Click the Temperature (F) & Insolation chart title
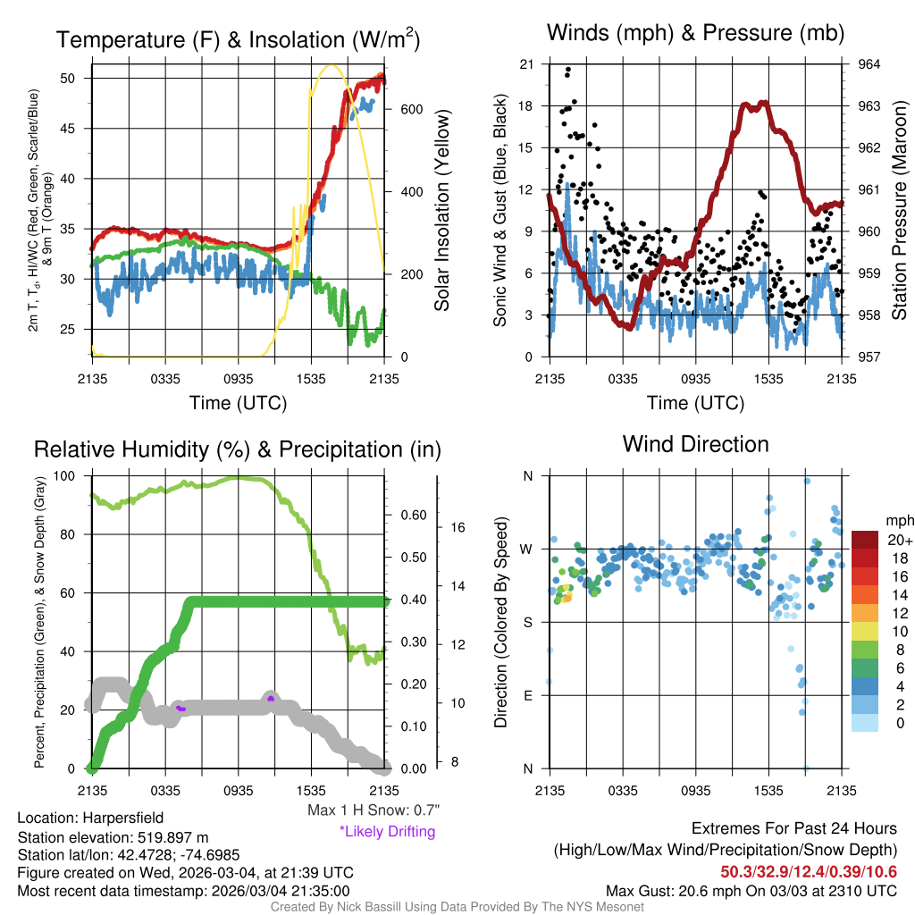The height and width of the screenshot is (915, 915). click(x=238, y=39)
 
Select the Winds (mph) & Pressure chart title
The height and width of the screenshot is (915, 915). click(x=695, y=33)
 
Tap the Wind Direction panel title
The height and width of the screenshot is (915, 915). click(x=695, y=444)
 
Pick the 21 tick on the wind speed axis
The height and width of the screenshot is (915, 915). click(x=526, y=64)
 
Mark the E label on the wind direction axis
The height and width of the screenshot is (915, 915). click(x=527, y=695)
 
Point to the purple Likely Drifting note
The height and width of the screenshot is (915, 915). click(x=387, y=831)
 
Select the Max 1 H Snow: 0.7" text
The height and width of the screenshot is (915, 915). click(x=373, y=810)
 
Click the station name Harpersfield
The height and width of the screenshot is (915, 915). click(x=123, y=818)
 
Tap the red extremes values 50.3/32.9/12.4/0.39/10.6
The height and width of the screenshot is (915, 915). click(x=809, y=871)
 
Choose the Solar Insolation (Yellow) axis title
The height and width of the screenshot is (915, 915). click(x=442, y=211)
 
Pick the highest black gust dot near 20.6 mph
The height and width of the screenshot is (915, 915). click(x=568, y=70)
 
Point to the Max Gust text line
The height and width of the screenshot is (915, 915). click(x=751, y=890)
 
